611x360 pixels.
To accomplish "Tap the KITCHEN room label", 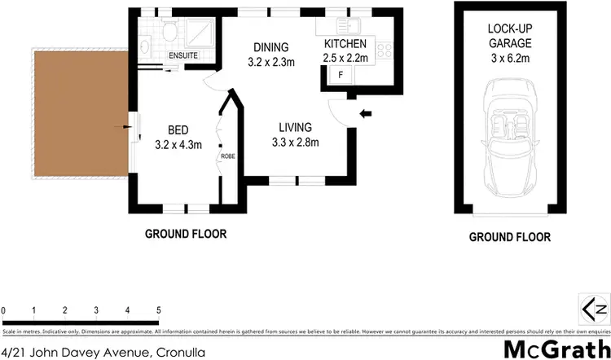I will [x=345, y=44].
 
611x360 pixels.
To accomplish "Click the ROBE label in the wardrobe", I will [x=226, y=156].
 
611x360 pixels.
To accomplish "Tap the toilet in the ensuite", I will [x=168, y=33].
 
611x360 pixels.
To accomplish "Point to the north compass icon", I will [x=594, y=309].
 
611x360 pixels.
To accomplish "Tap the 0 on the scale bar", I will [x=4, y=310].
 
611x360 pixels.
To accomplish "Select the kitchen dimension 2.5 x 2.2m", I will [x=345, y=57].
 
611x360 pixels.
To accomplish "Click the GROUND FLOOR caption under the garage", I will [x=509, y=238].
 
